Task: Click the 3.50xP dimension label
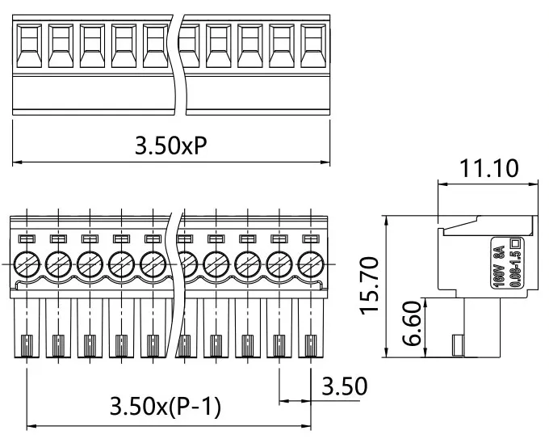(171, 146)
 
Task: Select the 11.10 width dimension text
(489, 167)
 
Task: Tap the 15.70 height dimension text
(370, 286)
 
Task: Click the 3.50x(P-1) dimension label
(165, 406)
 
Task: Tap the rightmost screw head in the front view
(311, 263)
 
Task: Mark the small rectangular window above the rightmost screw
(311, 238)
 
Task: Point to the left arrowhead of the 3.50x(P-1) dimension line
(31, 425)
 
